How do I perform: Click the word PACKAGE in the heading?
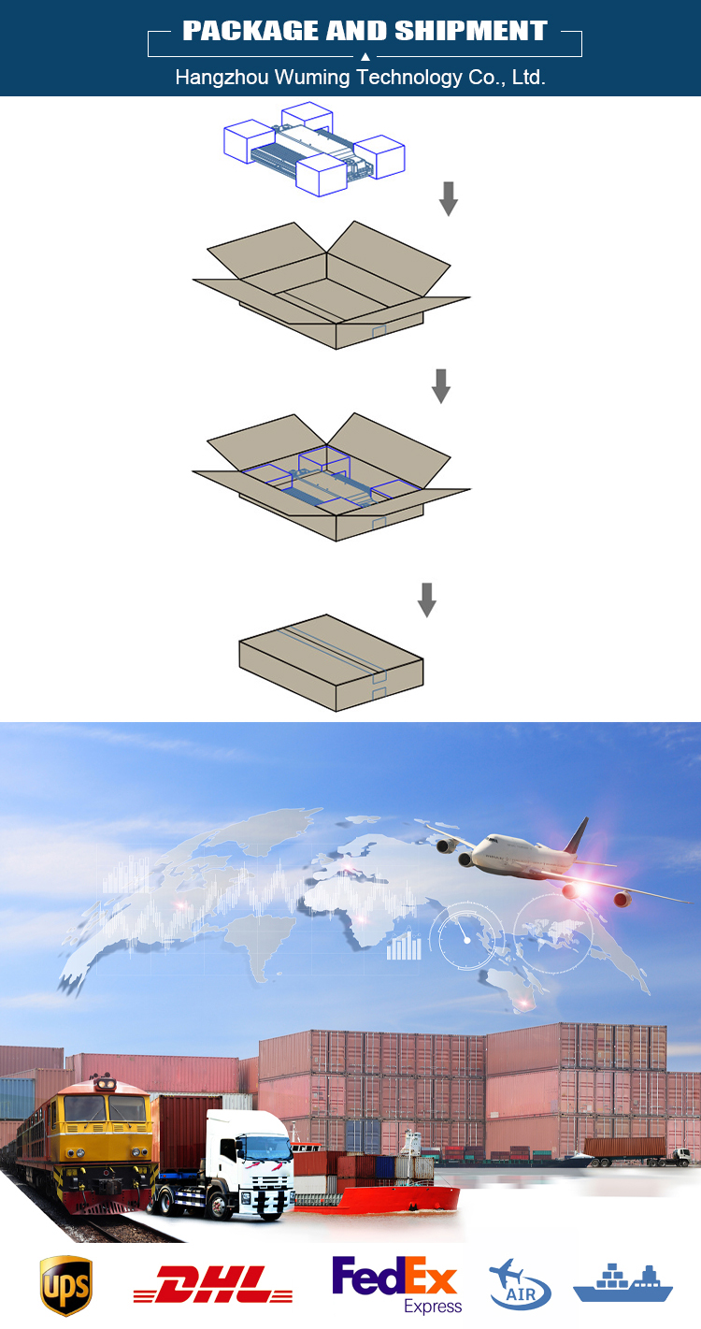pyautogui.click(x=250, y=31)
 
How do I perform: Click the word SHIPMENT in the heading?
pyautogui.click(x=471, y=31)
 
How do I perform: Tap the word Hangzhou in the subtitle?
pyautogui.click(x=222, y=78)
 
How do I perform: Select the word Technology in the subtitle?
pyautogui.click(x=409, y=78)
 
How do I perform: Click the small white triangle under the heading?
pyautogui.click(x=365, y=57)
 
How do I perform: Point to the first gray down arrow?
pyautogui.click(x=449, y=199)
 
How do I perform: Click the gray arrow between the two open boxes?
pyautogui.click(x=440, y=386)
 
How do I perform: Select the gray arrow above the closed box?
pyautogui.click(x=427, y=599)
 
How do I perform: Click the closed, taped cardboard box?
pyautogui.click(x=332, y=663)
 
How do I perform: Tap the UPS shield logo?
pyautogui.click(x=65, y=1286)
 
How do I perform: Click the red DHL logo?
pyautogui.click(x=213, y=1284)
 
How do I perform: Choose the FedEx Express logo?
pyautogui.click(x=396, y=1283)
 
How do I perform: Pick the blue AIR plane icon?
pyautogui.click(x=520, y=1284)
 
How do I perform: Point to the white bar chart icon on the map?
pyautogui.click(x=404, y=946)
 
